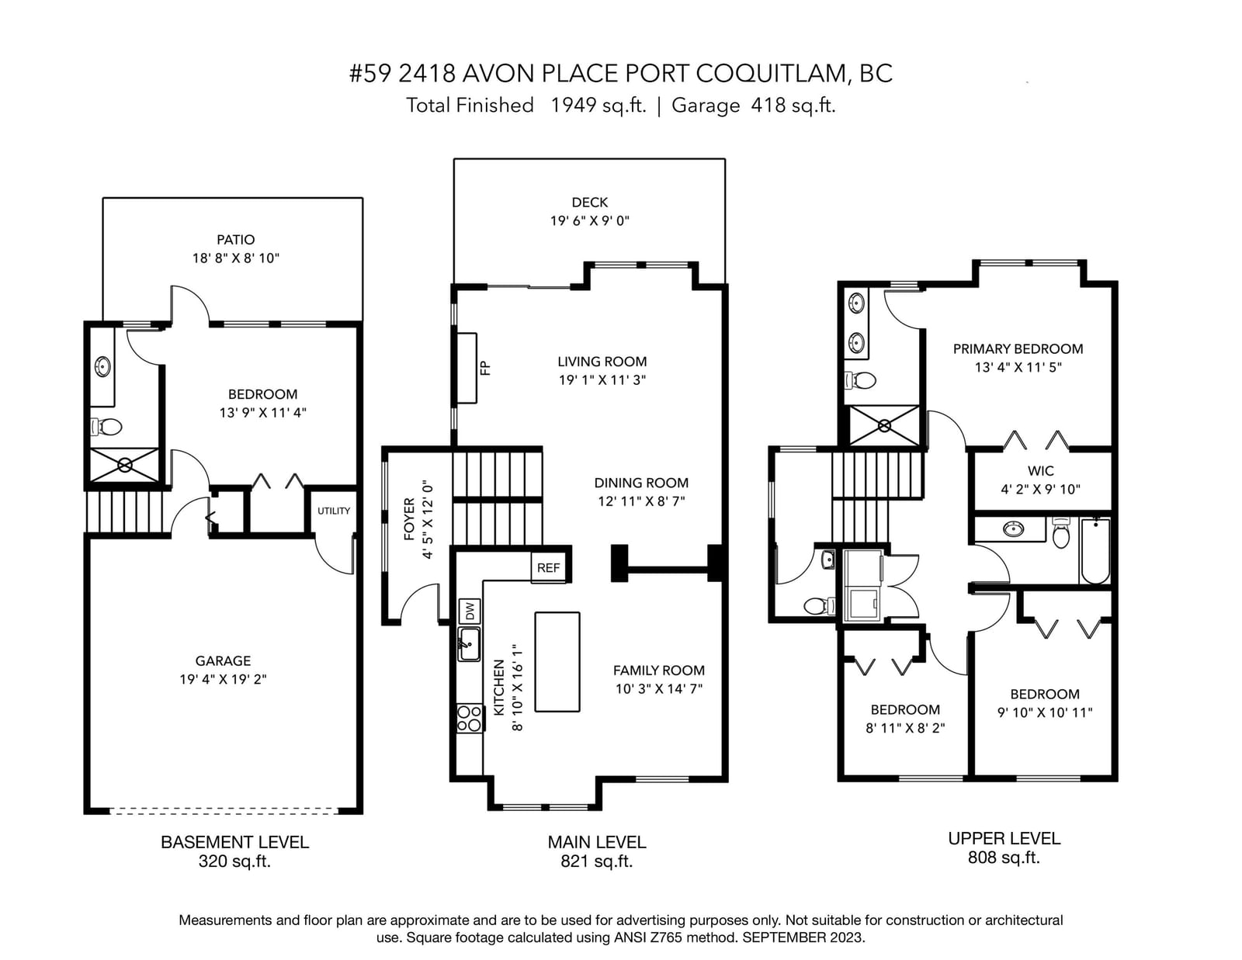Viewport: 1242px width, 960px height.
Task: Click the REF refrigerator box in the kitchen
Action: tap(549, 567)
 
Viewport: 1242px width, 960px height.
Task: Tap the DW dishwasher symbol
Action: tap(470, 612)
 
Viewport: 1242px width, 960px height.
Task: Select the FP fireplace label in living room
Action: tap(485, 368)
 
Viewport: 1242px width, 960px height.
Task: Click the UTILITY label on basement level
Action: tap(334, 511)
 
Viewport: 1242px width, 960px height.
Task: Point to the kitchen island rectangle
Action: tap(557, 662)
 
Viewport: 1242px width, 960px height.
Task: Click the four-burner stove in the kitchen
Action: tap(470, 719)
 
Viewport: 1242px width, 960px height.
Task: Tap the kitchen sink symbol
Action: tap(470, 644)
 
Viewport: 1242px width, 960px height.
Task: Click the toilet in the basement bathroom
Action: tap(106, 426)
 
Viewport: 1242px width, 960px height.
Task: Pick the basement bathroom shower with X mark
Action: tap(125, 465)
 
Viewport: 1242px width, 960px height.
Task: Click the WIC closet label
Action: tap(1040, 471)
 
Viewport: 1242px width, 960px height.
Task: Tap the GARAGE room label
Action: tap(223, 660)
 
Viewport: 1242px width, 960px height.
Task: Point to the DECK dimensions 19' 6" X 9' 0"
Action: tap(590, 220)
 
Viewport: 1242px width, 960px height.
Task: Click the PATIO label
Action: tap(235, 240)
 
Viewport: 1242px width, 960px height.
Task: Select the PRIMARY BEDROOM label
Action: tap(1018, 348)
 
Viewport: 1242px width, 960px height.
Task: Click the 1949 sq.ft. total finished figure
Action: tap(598, 105)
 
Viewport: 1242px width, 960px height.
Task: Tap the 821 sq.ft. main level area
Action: tap(597, 861)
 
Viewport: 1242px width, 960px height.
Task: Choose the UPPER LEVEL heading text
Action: tap(1004, 838)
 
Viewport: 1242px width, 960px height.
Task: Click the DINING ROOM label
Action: tap(641, 483)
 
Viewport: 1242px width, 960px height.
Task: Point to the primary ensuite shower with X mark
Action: tap(884, 426)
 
